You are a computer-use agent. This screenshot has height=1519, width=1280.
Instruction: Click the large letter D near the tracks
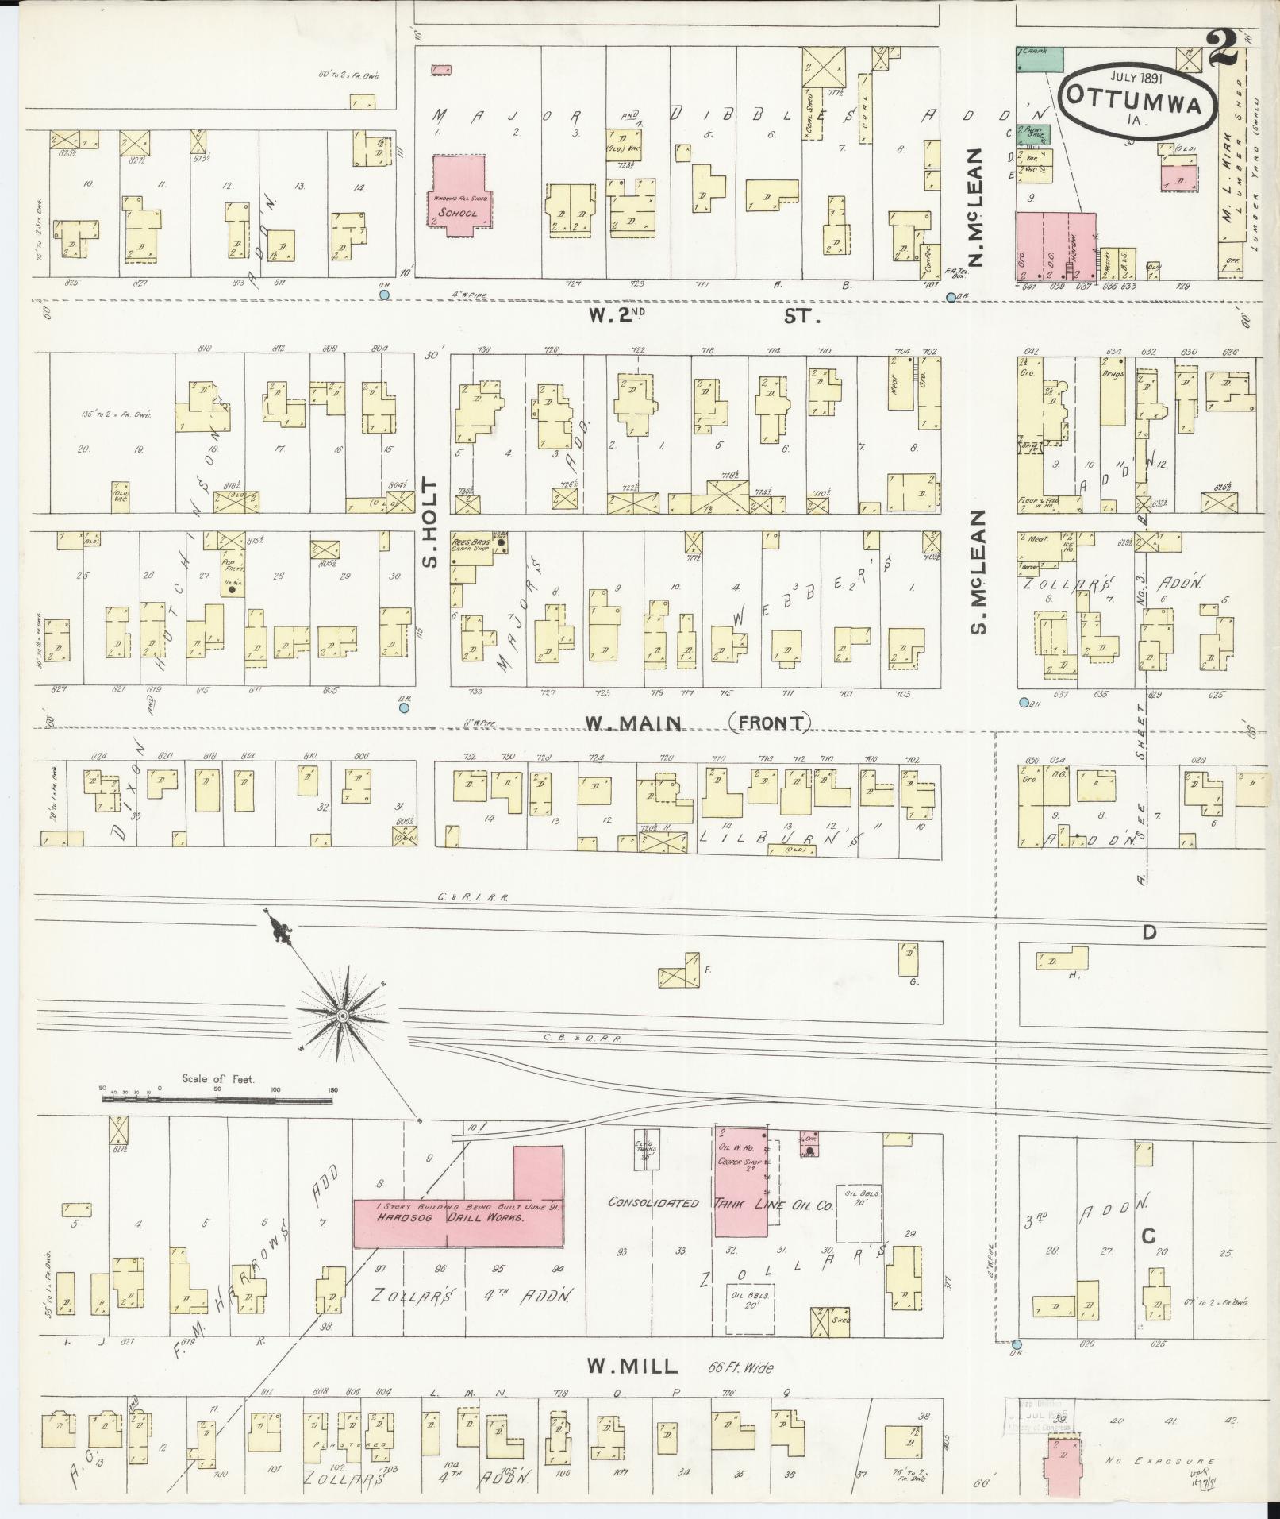(1149, 933)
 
